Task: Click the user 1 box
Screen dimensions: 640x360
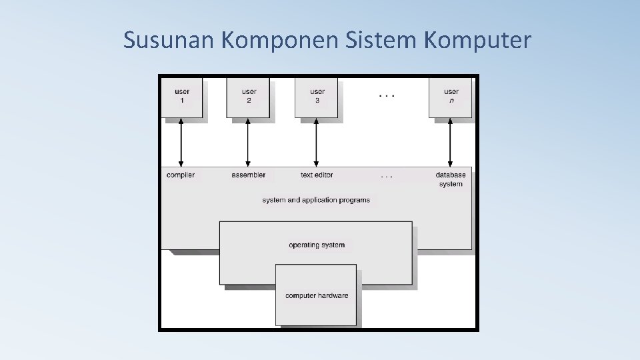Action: coord(182,97)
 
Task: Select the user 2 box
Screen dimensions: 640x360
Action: coord(249,97)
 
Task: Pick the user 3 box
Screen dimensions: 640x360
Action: coord(317,97)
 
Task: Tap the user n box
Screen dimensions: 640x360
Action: coord(451,97)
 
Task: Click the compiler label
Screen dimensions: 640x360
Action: coord(181,175)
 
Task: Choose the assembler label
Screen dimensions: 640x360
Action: coord(249,175)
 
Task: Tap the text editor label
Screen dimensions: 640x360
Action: coord(317,175)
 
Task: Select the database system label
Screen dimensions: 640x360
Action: coord(451,179)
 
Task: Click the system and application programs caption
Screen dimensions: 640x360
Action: coord(316,200)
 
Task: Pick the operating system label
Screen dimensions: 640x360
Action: coord(317,245)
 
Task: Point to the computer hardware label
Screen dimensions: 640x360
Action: coord(317,296)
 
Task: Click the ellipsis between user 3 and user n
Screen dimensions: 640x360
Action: coord(387,96)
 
